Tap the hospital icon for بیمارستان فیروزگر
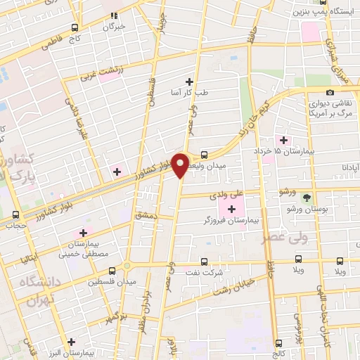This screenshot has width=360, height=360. tap(231, 210)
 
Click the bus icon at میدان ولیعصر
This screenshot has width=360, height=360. tap(204, 154)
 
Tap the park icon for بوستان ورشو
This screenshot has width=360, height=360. tap(306, 199)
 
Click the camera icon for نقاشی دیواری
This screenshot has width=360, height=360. tap(330, 92)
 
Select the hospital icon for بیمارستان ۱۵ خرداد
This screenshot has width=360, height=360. tap(284, 140)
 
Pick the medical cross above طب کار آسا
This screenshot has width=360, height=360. tap(188, 82)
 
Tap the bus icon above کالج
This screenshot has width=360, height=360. tap(281, 343)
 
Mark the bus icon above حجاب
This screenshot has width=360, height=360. tap(15, 215)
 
